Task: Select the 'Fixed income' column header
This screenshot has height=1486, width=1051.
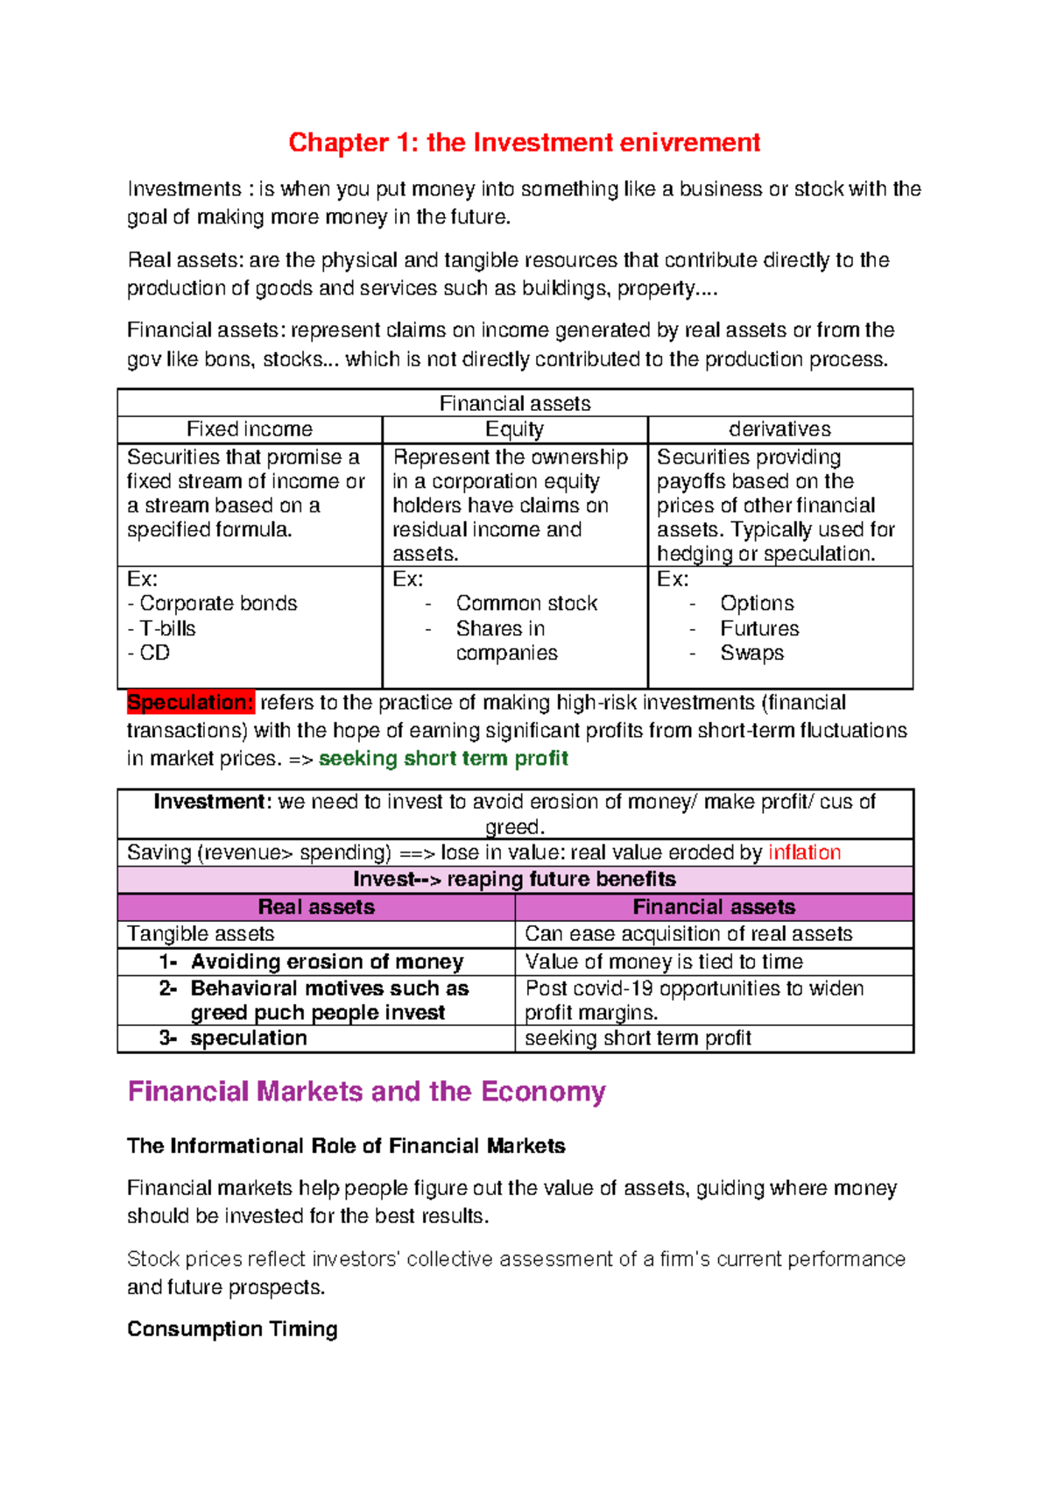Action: (249, 428)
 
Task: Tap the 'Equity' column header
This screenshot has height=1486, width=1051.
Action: (514, 428)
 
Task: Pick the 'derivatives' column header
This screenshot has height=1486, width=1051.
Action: (779, 428)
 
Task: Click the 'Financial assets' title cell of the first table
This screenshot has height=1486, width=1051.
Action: (514, 403)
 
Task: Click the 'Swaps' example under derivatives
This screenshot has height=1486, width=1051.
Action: (751, 653)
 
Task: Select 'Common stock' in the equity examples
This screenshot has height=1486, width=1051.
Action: (526, 603)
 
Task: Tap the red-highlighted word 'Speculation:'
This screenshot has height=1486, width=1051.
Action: (190, 702)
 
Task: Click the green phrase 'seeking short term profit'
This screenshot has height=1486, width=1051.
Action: (443, 758)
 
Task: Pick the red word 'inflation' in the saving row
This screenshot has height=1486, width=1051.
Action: (804, 853)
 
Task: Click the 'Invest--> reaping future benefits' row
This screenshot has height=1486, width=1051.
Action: (514, 879)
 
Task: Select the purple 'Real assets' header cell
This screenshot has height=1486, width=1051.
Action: (316, 907)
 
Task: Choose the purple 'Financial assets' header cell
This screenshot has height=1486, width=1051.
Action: (714, 907)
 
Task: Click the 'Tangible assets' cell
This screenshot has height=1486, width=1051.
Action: (201, 934)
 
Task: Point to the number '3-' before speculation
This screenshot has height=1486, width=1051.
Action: (168, 1038)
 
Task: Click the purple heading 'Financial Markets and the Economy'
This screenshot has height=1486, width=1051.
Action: (366, 1092)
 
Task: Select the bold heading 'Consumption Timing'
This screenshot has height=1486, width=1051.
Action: (232, 1329)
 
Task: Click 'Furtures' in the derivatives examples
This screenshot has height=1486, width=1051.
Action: (759, 628)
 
